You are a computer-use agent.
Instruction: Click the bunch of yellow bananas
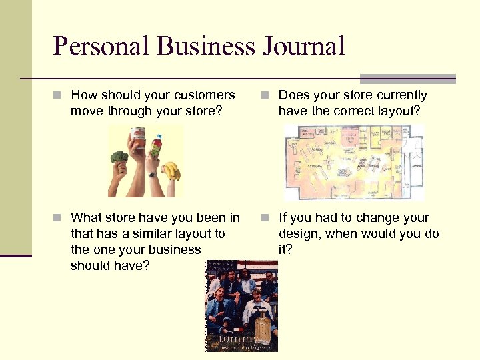tap(171, 171)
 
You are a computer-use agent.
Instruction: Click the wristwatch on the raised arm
tap(152, 175)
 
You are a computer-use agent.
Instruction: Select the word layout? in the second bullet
tap(399, 111)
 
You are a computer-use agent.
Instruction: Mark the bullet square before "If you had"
tap(267, 218)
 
